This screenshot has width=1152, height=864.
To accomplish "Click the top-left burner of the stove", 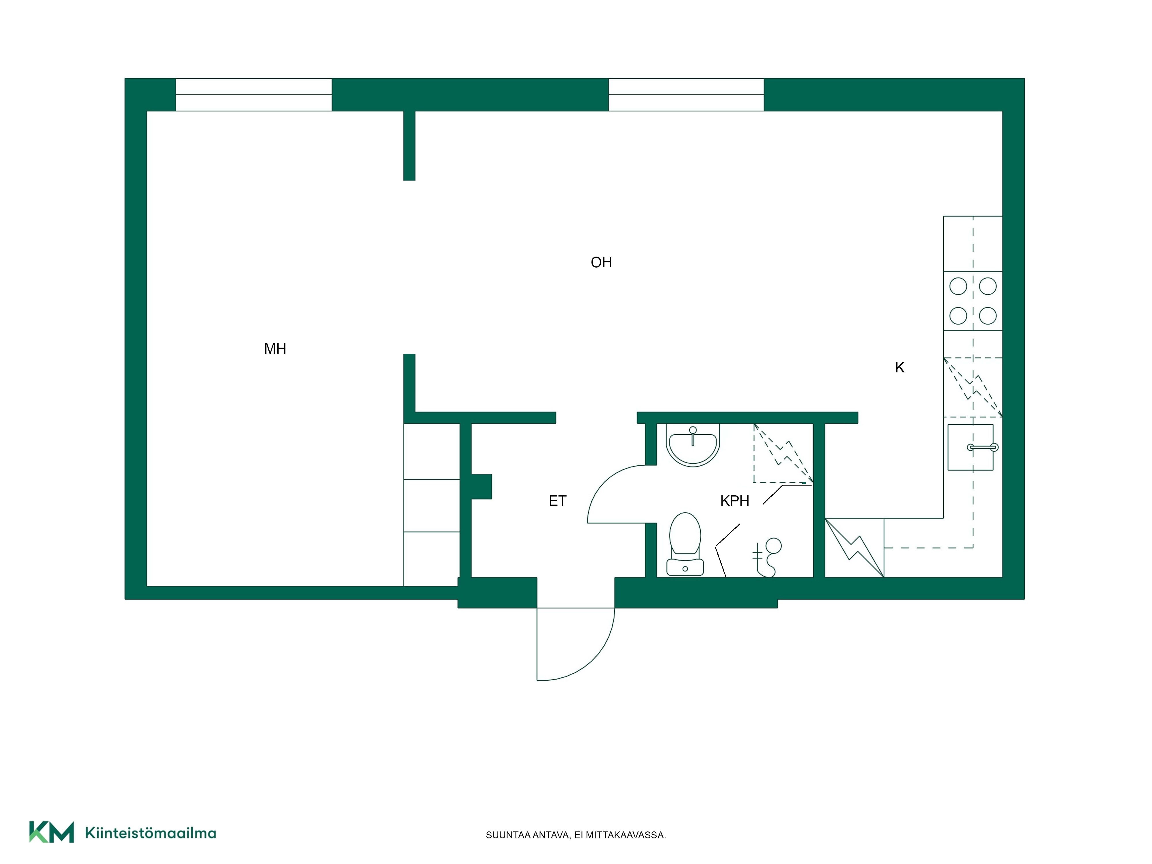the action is [958, 286].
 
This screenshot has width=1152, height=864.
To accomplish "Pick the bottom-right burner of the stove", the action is [988, 316].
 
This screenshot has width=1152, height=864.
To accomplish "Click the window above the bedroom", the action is [254, 95].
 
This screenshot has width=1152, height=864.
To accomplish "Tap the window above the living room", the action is [686, 95].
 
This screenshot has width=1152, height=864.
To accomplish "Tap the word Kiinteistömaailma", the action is [151, 833].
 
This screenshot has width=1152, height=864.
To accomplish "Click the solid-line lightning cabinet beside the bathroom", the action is [854, 547].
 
